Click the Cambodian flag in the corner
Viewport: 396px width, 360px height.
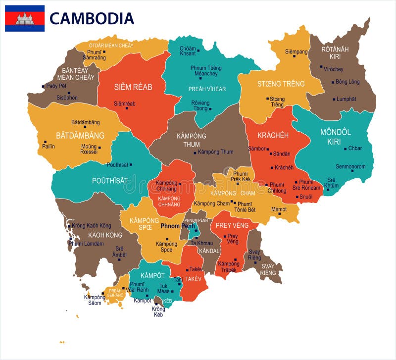pyautogui.click(x=25, y=18)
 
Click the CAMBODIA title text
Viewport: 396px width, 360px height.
pyautogui.click(x=92, y=18)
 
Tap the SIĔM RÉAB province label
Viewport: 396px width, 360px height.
pyautogui.click(x=133, y=87)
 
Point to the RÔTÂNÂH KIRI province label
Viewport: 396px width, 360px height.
pyautogui.click(x=335, y=53)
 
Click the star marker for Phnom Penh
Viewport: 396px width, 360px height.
pyautogui.click(x=196, y=231)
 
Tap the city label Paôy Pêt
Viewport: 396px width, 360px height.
pyautogui.click(x=56, y=86)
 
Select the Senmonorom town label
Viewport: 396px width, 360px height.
pyautogui.click(x=350, y=166)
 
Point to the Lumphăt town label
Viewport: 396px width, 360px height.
pyautogui.click(x=346, y=99)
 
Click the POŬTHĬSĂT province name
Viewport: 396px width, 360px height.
pyautogui.click(x=110, y=181)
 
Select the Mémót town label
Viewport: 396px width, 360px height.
pyautogui.click(x=279, y=209)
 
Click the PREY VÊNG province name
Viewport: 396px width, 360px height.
pyautogui.click(x=231, y=226)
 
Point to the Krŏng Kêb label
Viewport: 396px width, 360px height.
pyautogui.click(x=158, y=311)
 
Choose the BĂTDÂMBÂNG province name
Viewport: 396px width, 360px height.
pyautogui.click(x=80, y=135)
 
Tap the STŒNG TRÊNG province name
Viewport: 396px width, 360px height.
pyautogui.click(x=281, y=84)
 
